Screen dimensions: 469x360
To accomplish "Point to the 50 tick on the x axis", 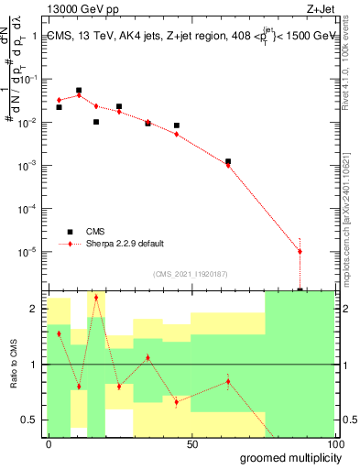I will (x=192, y=444).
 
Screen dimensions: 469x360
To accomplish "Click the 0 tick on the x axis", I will (x=49, y=444).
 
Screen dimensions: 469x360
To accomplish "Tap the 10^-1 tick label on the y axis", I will (x=30, y=80).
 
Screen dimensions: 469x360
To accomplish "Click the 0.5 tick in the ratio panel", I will (x=30, y=420).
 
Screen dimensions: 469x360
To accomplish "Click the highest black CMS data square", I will (x=79, y=91).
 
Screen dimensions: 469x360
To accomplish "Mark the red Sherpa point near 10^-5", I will (x=300, y=251).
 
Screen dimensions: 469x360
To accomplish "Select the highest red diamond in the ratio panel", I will (x=96, y=298).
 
